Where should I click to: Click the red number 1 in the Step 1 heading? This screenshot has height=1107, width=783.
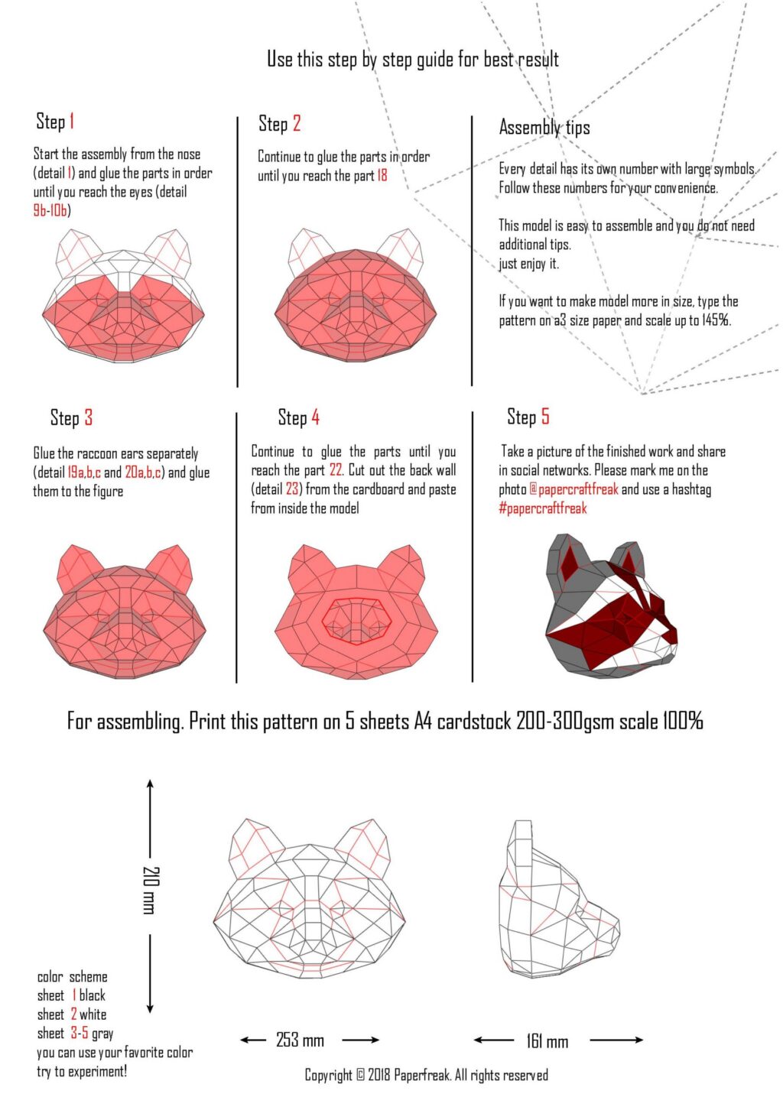pos(72,122)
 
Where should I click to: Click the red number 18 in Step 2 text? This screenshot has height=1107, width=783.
pos(382,176)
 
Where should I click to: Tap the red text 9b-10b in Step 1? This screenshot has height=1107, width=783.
pos(50,210)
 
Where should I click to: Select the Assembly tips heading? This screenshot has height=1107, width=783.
pos(544,127)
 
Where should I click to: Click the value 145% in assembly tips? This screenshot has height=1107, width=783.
pos(716,320)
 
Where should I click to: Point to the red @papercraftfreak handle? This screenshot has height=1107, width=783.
pos(573,489)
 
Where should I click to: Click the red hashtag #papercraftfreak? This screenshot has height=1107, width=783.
pos(543,508)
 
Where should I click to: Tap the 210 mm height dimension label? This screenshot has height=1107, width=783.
pos(150,890)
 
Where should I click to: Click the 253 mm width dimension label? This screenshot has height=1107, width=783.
pos(300,1040)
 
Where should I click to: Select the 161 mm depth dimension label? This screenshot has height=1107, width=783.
pos(547,1041)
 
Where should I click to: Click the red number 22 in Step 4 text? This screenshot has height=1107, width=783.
pos(336,470)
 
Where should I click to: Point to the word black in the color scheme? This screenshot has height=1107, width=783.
pos(93,995)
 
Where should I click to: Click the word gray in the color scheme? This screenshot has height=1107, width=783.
pos(102,1034)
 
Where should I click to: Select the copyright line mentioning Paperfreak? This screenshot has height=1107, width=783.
pos(426,1076)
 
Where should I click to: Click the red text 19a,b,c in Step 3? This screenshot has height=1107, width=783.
pos(84,472)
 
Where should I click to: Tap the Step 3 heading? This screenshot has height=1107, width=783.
pos(71,417)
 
